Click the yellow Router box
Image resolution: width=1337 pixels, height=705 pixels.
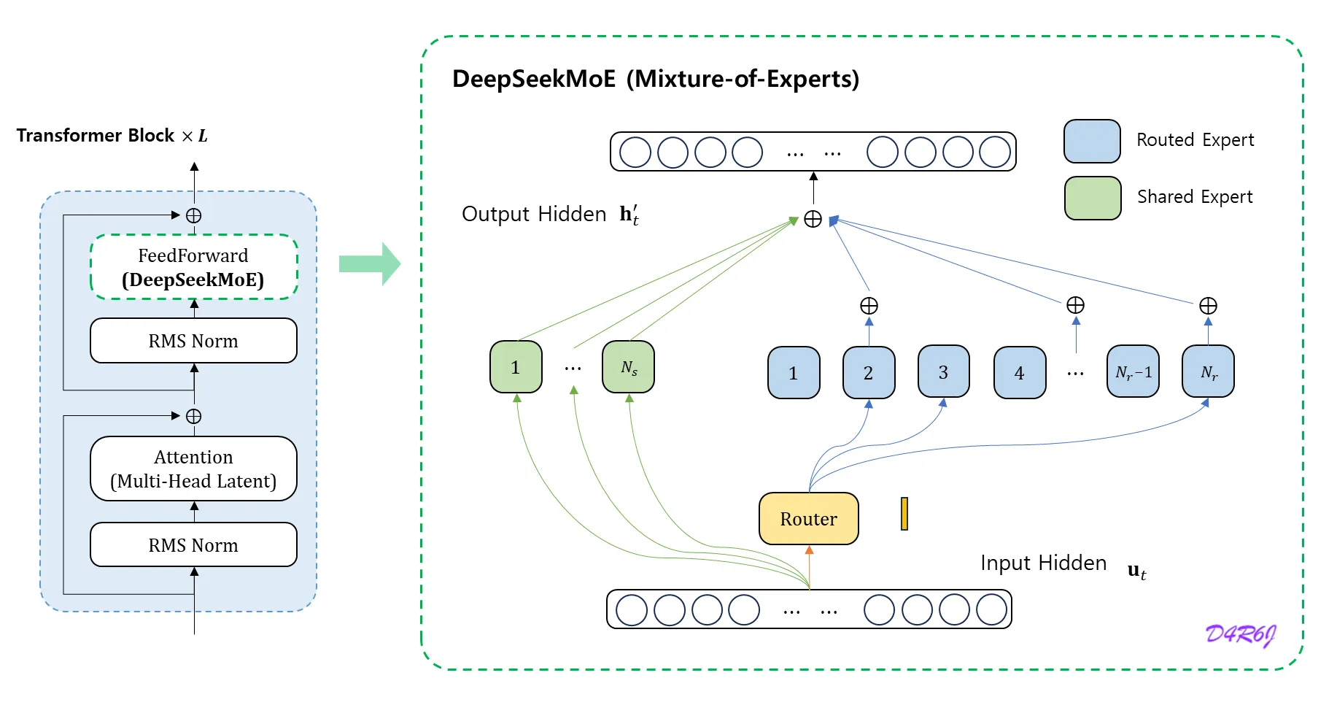(808, 519)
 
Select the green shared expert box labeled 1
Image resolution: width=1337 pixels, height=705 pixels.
(516, 367)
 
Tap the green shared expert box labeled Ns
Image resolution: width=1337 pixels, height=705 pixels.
(628, 367)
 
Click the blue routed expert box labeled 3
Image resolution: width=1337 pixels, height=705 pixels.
(943, 372)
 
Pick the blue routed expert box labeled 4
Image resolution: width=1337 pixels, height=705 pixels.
(1020, 373)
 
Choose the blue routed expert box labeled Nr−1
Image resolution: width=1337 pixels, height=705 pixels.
(1133, 372)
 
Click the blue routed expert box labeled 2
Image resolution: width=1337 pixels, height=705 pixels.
(868, 373)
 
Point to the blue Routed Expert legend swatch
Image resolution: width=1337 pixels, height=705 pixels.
(1092, 141)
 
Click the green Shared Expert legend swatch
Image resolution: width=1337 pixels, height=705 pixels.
(1092, 198)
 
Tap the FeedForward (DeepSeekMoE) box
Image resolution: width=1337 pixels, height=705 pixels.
(193, 267)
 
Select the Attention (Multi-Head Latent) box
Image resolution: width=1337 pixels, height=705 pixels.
(193, 469)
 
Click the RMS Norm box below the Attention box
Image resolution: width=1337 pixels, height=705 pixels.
(193, 545)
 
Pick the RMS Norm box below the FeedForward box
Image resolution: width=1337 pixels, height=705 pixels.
(193, 341)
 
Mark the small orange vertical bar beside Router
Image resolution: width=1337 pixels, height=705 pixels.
(904, 514)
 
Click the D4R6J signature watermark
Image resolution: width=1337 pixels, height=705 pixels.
(1240, 633)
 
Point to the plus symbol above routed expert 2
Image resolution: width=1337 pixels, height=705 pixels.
(869, 305)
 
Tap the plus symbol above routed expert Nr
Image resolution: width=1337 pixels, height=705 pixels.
(1208, 305)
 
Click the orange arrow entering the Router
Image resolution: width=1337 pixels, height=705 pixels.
(809, 566)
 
